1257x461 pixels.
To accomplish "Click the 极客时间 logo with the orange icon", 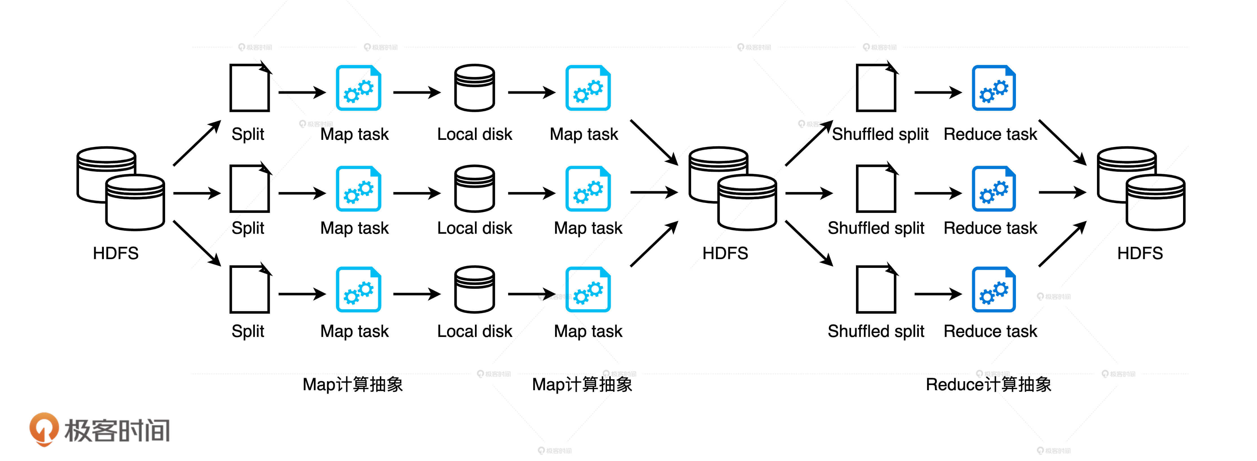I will (x=100, y=429).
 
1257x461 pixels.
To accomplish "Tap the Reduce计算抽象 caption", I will (x=988, y=385).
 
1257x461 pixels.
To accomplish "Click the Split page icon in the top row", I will (x=250, y=88).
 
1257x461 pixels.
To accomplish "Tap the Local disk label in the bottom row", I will (x=474, y=331).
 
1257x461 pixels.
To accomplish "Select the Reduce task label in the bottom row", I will (x=990, y=331).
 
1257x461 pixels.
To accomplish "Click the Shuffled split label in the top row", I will (x=880, y=134).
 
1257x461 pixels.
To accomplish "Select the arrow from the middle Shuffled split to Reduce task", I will (x=937, y=193).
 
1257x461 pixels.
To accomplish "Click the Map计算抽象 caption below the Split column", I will (x=352, y=385).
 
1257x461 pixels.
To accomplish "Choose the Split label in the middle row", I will (x=248, y=228).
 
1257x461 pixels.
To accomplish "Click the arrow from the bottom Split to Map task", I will (x=302, y=294).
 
